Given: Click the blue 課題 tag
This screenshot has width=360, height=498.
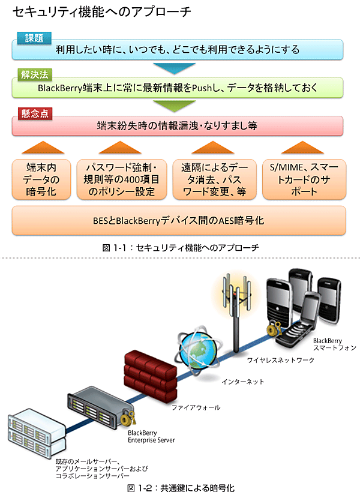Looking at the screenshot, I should click(34, 38).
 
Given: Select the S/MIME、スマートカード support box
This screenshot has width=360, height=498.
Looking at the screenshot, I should click(304, 179).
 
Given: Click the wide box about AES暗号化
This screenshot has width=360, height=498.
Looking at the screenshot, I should click(178, 220).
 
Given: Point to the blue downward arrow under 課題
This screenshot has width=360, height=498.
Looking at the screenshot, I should click(173, 67).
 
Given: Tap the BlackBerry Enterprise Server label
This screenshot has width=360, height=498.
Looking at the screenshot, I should click(151, 436).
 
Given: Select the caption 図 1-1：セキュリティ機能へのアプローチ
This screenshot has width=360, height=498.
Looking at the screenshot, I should click(180, 247).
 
